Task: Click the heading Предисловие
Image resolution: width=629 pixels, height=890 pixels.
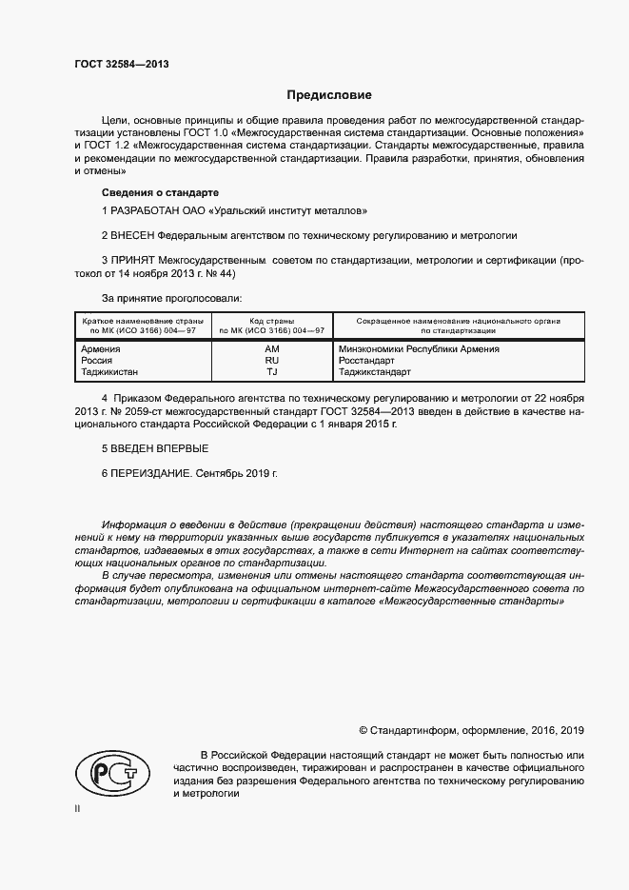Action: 329,95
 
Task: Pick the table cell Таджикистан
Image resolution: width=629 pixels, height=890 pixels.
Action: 110,372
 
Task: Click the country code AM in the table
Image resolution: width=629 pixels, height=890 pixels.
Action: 271,349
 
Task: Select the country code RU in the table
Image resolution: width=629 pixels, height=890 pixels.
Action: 271,361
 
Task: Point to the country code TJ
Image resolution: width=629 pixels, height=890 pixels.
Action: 271,372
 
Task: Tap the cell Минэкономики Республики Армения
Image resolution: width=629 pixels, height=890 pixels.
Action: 419,349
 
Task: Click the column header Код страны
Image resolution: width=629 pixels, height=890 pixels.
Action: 271,322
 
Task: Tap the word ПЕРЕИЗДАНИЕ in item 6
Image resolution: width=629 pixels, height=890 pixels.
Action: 151,472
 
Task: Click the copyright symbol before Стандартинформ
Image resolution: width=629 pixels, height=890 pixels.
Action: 363,731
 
